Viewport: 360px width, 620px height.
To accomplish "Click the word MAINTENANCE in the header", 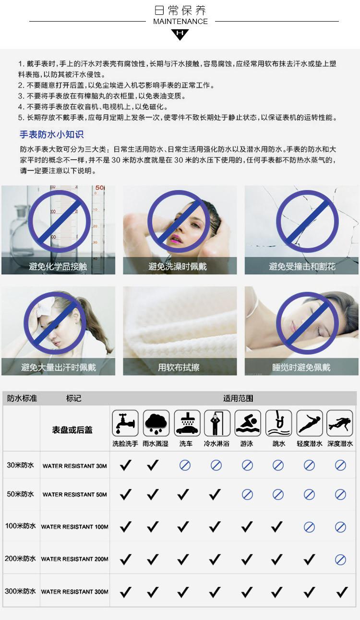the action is [x=180, y=21].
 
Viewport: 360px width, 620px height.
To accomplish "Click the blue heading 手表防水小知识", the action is [x=51, y=134].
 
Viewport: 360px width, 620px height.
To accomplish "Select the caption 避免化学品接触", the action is [x=58, y=266].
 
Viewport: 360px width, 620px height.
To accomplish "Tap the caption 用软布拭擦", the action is [x=179, y=367].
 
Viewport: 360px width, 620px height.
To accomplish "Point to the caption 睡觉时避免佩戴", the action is [x=301, y=367].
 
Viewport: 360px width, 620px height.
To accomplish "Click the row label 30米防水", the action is [x=21, y=465].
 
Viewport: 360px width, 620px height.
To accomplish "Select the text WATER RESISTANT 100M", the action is [x=75, y=527].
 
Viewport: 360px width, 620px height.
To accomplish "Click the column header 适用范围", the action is [x=238, y=398].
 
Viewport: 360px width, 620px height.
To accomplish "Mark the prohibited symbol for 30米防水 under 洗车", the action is [x=185, y=465].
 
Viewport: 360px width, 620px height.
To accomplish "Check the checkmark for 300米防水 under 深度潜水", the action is [x=342, y=592].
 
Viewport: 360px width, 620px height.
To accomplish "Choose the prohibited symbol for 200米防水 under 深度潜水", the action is [x=340, y=560].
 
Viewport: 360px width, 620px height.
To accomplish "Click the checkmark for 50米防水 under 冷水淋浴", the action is [x=215, y=494].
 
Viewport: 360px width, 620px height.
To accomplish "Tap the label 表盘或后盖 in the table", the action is [x=72, y=430].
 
